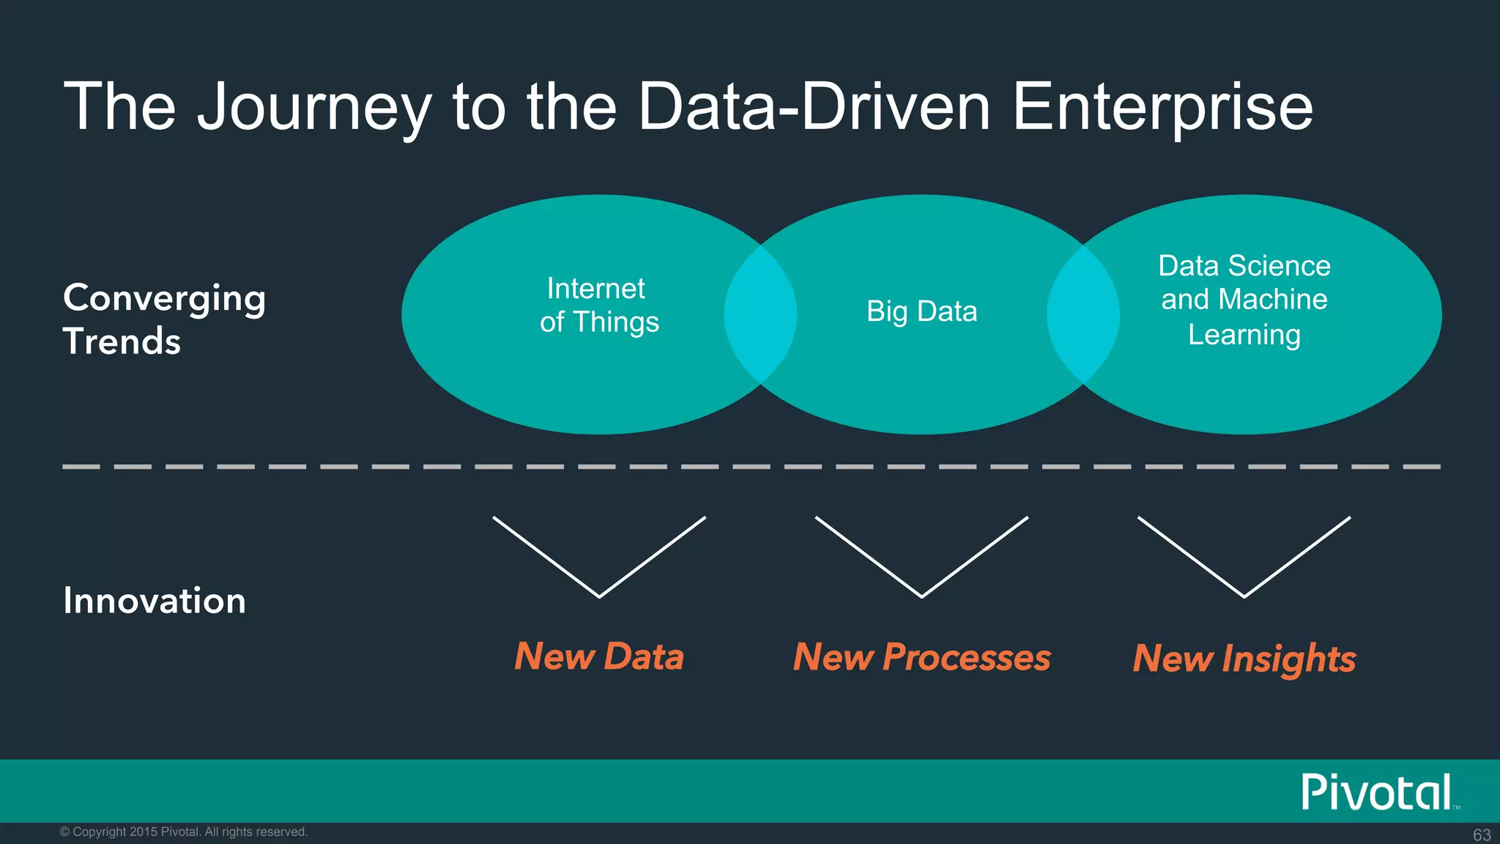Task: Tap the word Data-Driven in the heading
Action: point(814,107)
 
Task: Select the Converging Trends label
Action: point(164,319)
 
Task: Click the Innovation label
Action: point(155,601)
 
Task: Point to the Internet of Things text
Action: point(599,306)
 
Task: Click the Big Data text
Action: point(921,311)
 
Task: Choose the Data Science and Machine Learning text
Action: point(1244,300)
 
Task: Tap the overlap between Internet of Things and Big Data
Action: point(760,315)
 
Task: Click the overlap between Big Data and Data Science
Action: point(1083,315)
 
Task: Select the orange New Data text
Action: point(599,656)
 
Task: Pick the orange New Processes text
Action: point(921,657)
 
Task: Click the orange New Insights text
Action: point(1244,658)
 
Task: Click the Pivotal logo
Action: point(1377,792)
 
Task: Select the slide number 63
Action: point(1482,834)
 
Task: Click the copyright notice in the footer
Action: point(183,832)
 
